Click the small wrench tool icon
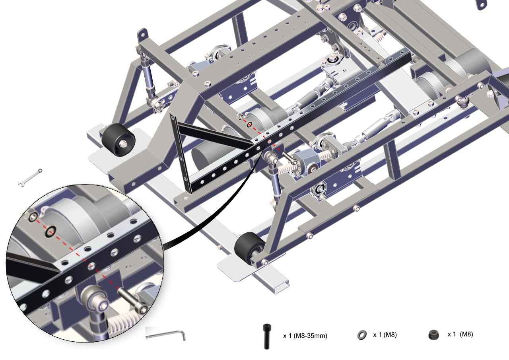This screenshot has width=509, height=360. click(30, 178)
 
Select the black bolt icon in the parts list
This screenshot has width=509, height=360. click(267, 336)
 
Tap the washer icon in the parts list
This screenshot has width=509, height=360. click(361, 335)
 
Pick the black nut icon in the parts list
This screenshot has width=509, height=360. click(433, 335)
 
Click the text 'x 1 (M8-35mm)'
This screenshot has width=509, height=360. click(305, 336)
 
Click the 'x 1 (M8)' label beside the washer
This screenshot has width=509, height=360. click(385, 335)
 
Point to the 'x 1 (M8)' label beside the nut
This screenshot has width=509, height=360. click(460, 334)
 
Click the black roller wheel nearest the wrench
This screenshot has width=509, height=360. click(118, 140)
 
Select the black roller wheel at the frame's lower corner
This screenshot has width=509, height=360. click(249, 248)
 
